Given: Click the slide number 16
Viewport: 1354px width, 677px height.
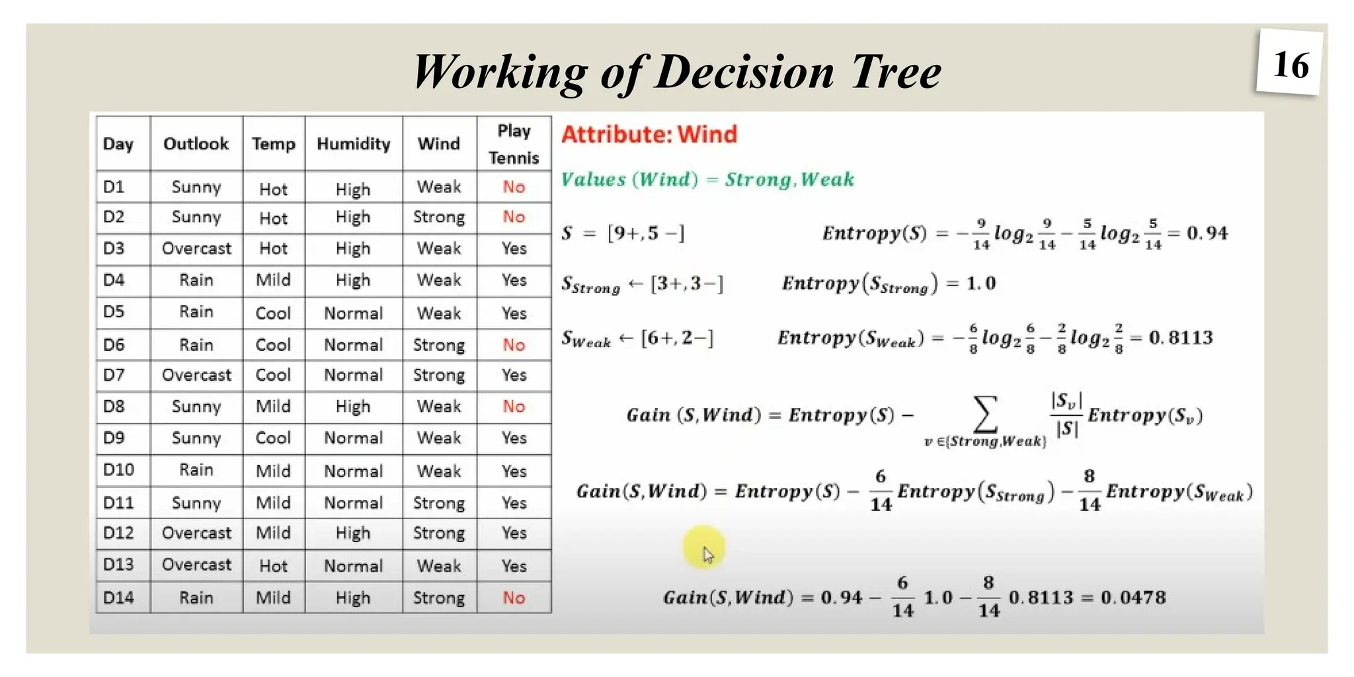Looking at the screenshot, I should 1290,65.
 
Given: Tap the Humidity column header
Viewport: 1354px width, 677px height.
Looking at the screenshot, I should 353,143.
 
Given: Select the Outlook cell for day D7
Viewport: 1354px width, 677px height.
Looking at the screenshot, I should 196,375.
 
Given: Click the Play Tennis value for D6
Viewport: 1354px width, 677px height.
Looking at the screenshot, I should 514,344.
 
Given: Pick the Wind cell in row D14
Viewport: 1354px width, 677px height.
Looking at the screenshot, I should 438,598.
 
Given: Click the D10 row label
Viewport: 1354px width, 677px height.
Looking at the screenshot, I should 118,470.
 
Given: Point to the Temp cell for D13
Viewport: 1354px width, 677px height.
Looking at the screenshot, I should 273,566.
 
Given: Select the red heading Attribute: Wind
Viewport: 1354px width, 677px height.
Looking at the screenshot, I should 649,134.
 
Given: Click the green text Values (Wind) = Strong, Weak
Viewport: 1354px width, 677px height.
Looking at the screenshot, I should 707,179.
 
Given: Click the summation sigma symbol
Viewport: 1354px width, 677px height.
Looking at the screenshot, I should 985,414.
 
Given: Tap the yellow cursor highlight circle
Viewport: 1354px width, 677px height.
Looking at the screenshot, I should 703,547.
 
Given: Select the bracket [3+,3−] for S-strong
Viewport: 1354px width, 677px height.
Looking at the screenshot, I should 687,284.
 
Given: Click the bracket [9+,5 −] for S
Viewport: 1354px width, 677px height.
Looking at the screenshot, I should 645,233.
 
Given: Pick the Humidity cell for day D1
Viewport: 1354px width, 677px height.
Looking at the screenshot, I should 353,189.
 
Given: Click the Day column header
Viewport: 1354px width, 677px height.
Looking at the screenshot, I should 118,143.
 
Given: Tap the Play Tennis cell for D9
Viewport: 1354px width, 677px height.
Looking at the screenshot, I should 514,438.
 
